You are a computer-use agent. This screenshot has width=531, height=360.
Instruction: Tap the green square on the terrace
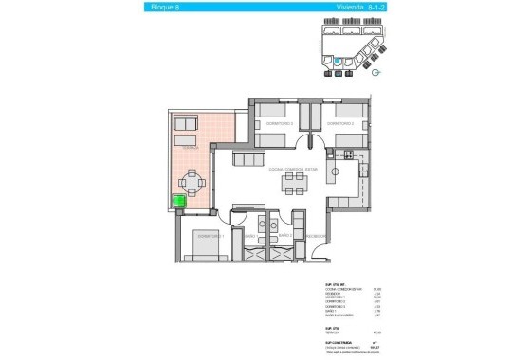pos(177,201)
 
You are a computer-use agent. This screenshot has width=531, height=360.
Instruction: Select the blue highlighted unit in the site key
pos(337,62)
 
